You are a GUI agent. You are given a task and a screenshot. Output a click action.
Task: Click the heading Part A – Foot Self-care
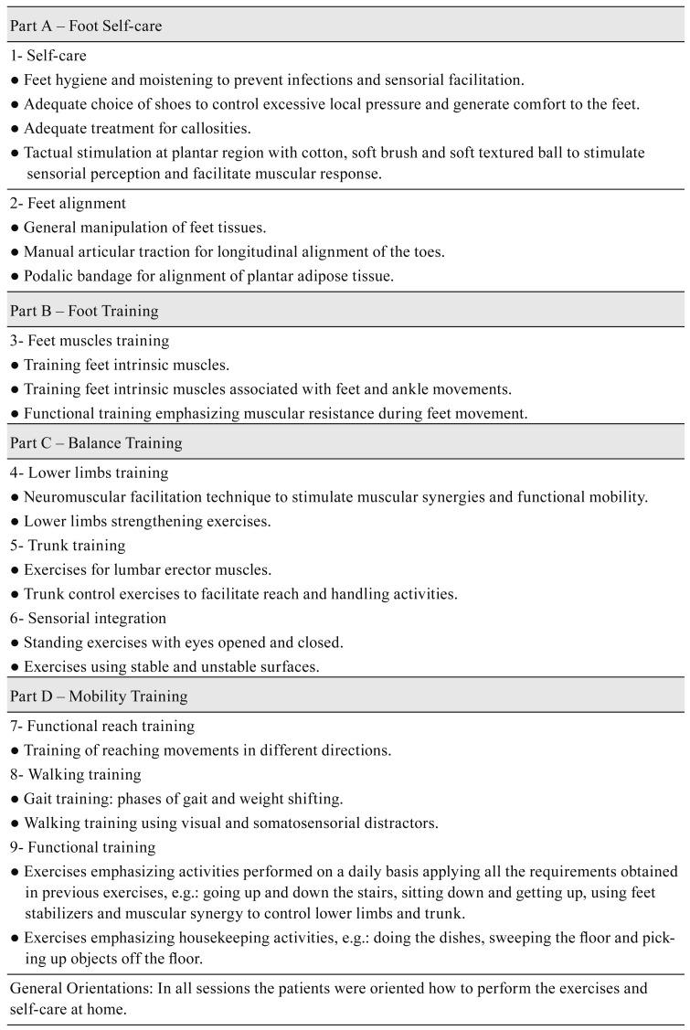(x=86, y=26)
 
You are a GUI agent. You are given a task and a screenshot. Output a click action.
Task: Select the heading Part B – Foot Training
(x=84, y=311)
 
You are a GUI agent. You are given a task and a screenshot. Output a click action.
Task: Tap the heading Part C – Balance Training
(x=96, y=443)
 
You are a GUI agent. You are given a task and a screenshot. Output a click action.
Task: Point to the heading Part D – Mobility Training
(x=99, y=696)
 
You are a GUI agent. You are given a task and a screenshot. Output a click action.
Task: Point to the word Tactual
(x=50, y=153)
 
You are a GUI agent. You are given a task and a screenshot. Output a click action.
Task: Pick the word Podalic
(x=48, y=276)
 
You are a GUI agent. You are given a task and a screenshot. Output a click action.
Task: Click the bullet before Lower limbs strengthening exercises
(x=15, y=522)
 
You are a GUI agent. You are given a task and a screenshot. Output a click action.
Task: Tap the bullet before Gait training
(x=15, y=800)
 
